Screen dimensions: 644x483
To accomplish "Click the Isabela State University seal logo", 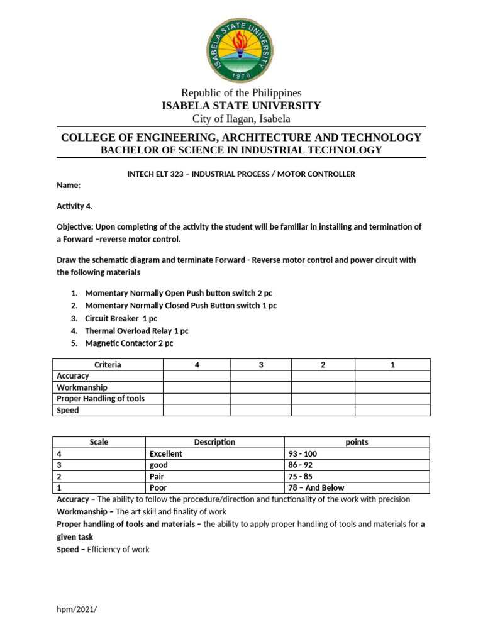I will click(241, 48).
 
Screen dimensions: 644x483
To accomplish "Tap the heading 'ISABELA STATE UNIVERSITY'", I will click(241, 106).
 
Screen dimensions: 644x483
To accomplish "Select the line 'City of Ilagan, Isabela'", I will click(241, 119).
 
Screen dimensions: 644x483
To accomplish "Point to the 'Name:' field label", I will click(69, 186).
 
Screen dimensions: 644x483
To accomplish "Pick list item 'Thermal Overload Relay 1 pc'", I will click(136, 330).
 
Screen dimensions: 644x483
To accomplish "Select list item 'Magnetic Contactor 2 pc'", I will click(129, 343).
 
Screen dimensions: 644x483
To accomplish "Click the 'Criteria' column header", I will click(108, 365).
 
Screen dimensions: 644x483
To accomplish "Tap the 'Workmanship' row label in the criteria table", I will click(82, 387).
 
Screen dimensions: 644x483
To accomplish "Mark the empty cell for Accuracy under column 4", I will click(197, 376).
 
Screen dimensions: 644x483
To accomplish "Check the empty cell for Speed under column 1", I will click(392, 410).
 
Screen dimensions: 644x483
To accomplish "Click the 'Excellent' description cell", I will click(166, 453).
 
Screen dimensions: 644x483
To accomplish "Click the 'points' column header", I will click(357, 442).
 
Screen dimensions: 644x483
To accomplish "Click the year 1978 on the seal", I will click(241, 75).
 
